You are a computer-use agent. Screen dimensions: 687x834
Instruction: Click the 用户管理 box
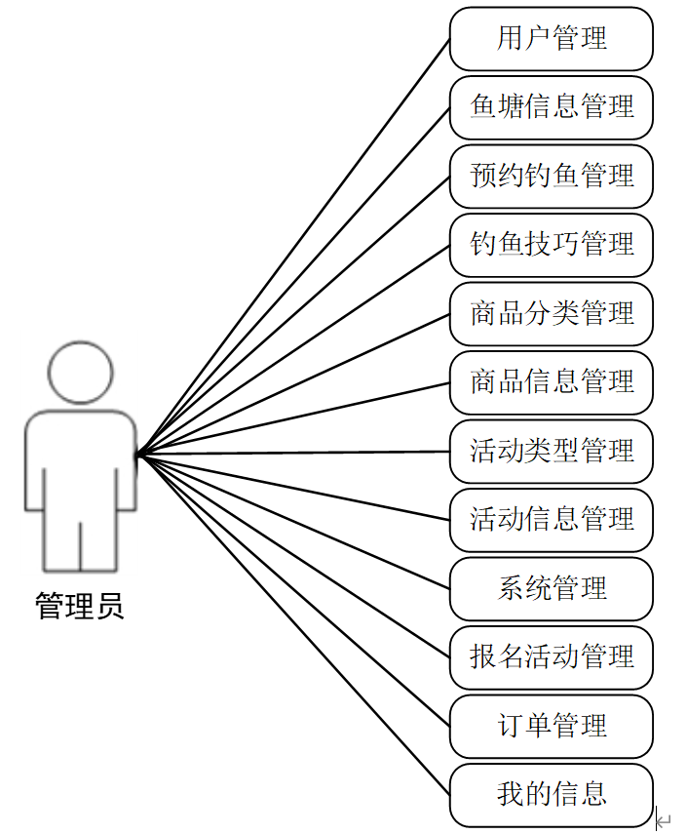(x=551, y=39)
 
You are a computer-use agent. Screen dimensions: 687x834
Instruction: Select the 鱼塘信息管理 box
(x=551, y=107)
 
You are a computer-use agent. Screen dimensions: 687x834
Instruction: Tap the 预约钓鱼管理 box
(x=551, y=177)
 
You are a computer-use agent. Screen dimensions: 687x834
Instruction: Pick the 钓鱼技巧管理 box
(x=551, y=245)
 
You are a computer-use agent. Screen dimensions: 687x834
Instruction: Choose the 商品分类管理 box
(x=551, y=314)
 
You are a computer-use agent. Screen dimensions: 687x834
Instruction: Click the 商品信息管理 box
(x=551, y=382)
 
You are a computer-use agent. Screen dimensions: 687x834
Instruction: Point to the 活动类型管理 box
(x=551, y=452)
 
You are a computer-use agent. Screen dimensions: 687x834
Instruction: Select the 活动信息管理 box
(x=551, y=520)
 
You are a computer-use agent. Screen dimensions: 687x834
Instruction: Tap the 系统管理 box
(x=551, y=589)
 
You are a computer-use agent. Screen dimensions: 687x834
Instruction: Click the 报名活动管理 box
(x=551, y=657)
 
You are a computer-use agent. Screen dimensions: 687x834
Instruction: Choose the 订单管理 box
(x=551, y=727)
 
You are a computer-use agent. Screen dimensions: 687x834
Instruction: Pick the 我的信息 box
(x=551, y=795)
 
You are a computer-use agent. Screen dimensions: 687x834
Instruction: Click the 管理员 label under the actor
(x=80, y=607)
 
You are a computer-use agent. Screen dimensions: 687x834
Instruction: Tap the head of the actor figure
(x=81, y=372)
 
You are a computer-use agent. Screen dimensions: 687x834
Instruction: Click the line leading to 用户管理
(x=292, y=248)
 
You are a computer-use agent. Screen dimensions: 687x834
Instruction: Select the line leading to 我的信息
(x=292, y=624)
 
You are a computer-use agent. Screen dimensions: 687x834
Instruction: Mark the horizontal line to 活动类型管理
(x=292, y=453)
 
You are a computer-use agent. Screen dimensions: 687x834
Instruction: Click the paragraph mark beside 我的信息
(x=664, y=820)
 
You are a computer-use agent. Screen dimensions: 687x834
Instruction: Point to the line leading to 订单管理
(x=292, y=589)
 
